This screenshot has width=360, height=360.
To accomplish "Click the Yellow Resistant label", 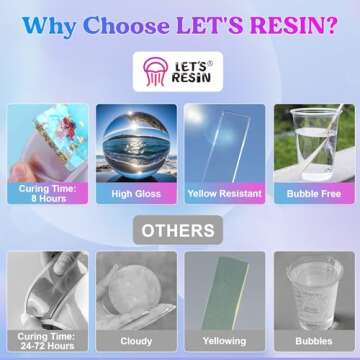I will click(x=225, y=194).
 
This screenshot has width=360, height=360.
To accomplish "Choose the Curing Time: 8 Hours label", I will click(x=46, y=190).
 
